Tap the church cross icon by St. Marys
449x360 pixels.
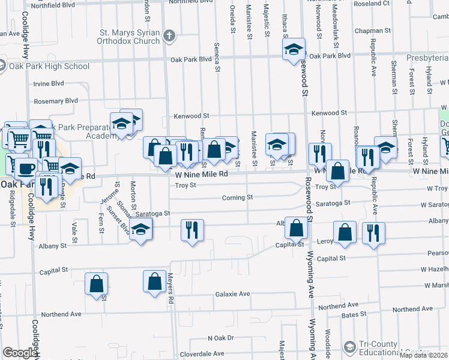pos(170,35)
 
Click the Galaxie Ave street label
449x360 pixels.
pos(232,294)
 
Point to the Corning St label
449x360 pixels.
pos(237,197)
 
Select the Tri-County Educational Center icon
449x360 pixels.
pos(350,347)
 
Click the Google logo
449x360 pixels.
pos(19,353)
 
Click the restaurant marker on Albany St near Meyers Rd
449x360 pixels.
pos(192,229)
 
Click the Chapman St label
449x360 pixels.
pos(372,30)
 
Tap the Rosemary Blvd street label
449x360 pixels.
pos(56,101)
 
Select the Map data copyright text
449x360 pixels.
pos(424,355)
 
